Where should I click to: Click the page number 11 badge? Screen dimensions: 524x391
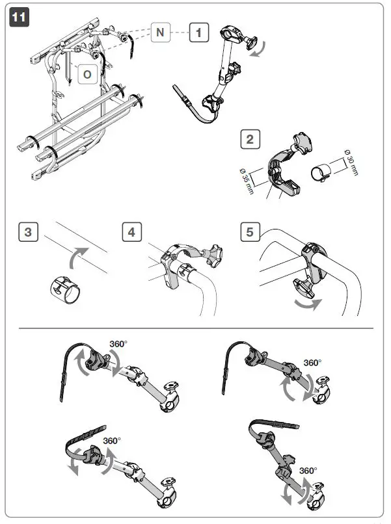(x=20, y=18)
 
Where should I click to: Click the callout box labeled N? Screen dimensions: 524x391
(x=161, y=33)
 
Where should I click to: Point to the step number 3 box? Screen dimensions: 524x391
(x=27, y=232)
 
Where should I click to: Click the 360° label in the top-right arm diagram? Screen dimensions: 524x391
(x=314, y=363)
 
